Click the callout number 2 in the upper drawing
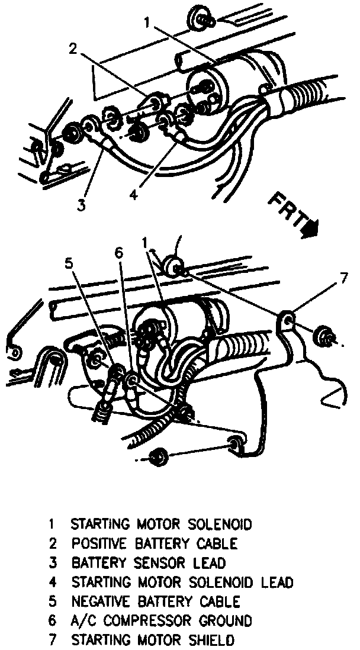tap(73, 49)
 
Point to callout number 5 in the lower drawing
tap(69, 263)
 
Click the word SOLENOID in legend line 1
tap(220, 524)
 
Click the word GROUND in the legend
tap(224, 620)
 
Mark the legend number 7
tap(52, 639)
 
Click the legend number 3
tap(52, 563)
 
